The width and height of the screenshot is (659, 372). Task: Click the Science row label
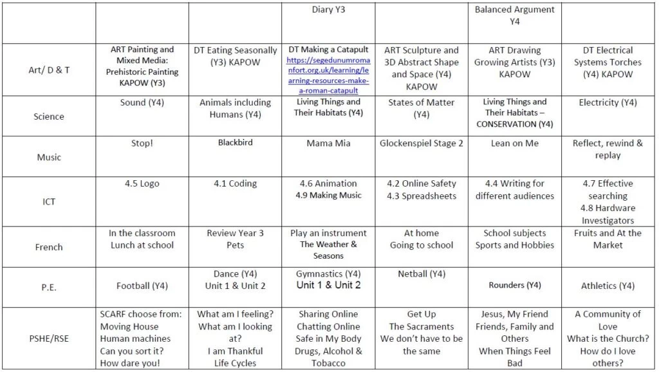point(49,116)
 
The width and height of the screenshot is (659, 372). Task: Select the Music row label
point(49,157)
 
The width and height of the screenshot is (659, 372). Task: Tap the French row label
point(49,246)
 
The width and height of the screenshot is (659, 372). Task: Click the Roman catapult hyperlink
point(328,75)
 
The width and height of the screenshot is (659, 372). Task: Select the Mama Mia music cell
point(328,144)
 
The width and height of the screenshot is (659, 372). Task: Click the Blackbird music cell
point(235,144)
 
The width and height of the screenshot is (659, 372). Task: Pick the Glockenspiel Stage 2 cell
point(422,144)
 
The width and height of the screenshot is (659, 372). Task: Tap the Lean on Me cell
point(514,144)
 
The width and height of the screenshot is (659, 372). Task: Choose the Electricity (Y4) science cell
point(608,102)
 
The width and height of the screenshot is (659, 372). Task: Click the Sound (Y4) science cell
point(142,102)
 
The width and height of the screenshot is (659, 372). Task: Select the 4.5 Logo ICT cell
point(142,183)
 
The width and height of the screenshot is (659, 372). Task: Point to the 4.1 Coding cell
point(235,183)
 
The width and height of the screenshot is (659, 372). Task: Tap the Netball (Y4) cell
point(422,274)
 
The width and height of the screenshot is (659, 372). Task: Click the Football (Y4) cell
point(142,286)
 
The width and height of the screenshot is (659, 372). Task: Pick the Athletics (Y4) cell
point(608,286)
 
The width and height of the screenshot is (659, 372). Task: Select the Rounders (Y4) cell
point(514,285)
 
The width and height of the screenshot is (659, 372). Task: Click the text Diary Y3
point(328,10)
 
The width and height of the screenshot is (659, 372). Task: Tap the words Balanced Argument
point(514,10)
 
